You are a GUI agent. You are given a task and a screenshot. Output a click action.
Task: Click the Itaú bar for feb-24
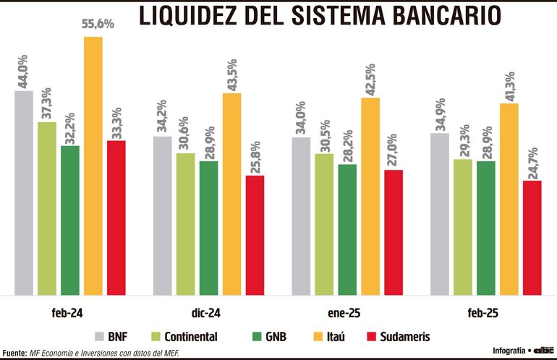93,166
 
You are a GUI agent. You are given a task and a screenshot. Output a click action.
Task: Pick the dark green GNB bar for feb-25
485,228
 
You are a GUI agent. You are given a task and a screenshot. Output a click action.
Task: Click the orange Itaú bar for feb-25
509,199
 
